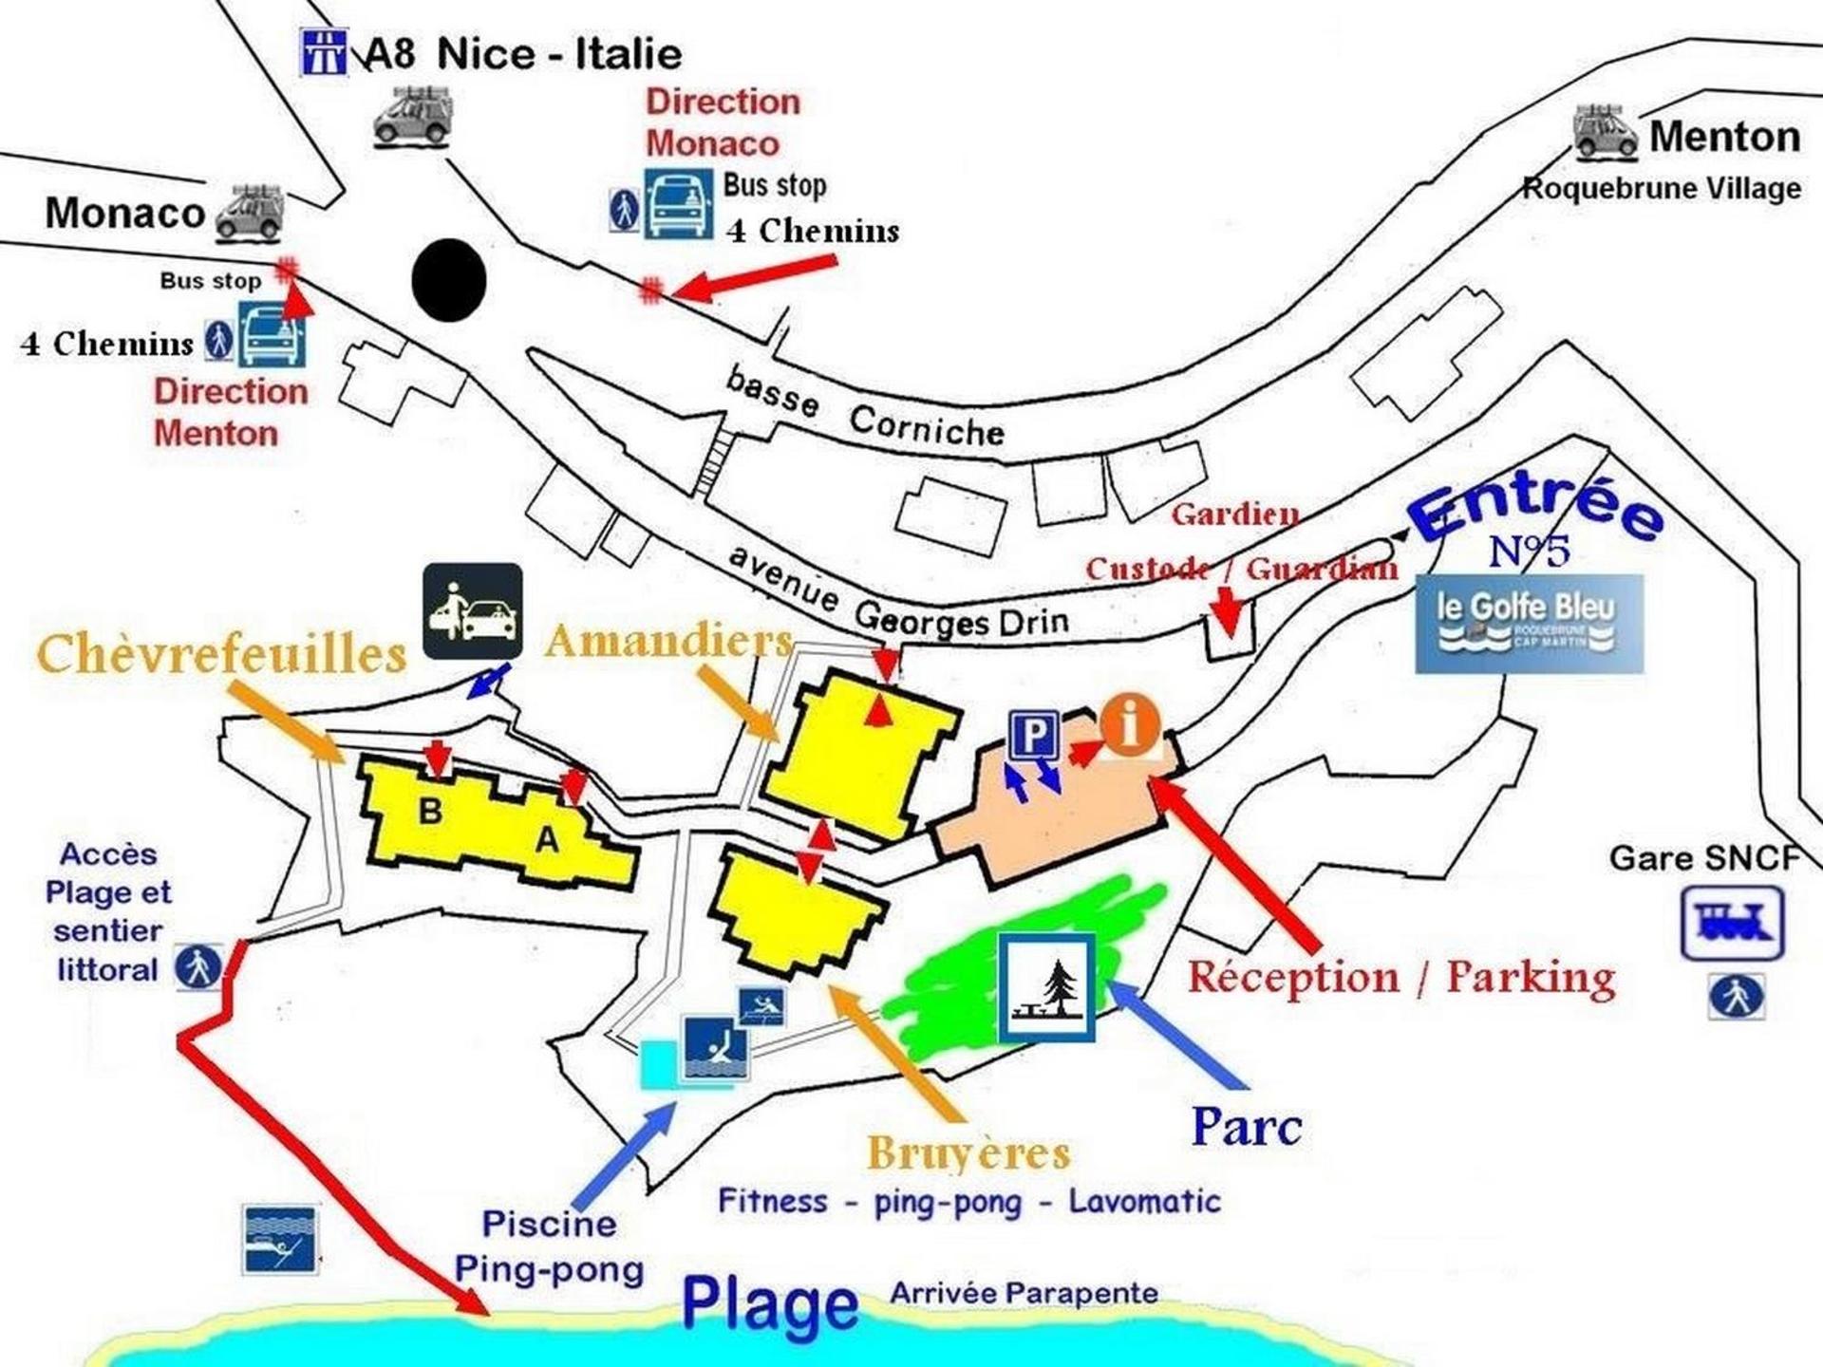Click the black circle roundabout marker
(x=449, y=280)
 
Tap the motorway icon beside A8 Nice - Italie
(x=324, y=51)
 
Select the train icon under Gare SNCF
(x=1732, y=923)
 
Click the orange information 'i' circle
(x=1130, y=724)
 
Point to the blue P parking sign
(x=1034, y=734)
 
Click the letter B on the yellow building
(x=430, y=811)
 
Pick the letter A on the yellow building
(x=547, y=840)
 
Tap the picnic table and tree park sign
(x=1046, y=986)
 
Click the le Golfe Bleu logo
(x=1529, y=623)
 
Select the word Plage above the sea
(x=770, y=1304)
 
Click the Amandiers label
(x=668, y=641)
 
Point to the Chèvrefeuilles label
(x=222, y=654)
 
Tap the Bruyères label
(x=968, y=1153)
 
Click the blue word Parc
(x=1247, y=1127)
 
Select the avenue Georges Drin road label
(x=897, y=596)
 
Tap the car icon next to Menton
(x=1605, y=132)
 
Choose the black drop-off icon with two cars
(x=472, y=611)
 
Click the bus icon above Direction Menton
(x=272, y=335)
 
